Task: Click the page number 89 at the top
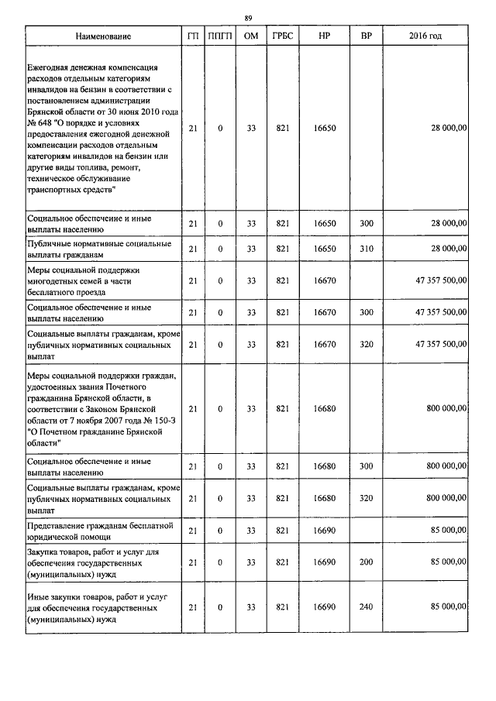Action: tap(248, 18)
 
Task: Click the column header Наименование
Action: tap(103, 37)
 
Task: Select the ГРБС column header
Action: tap(282, 37)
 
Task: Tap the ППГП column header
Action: tap(220, 37)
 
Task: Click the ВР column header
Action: tap(367, 37)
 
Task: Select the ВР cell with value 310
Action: tap(367, 249)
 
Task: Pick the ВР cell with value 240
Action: tap(367, 609)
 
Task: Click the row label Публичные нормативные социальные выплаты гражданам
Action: tap(98, 249)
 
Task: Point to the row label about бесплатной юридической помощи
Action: tap(100, 530)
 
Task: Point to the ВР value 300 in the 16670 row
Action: tap(367, 312)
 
